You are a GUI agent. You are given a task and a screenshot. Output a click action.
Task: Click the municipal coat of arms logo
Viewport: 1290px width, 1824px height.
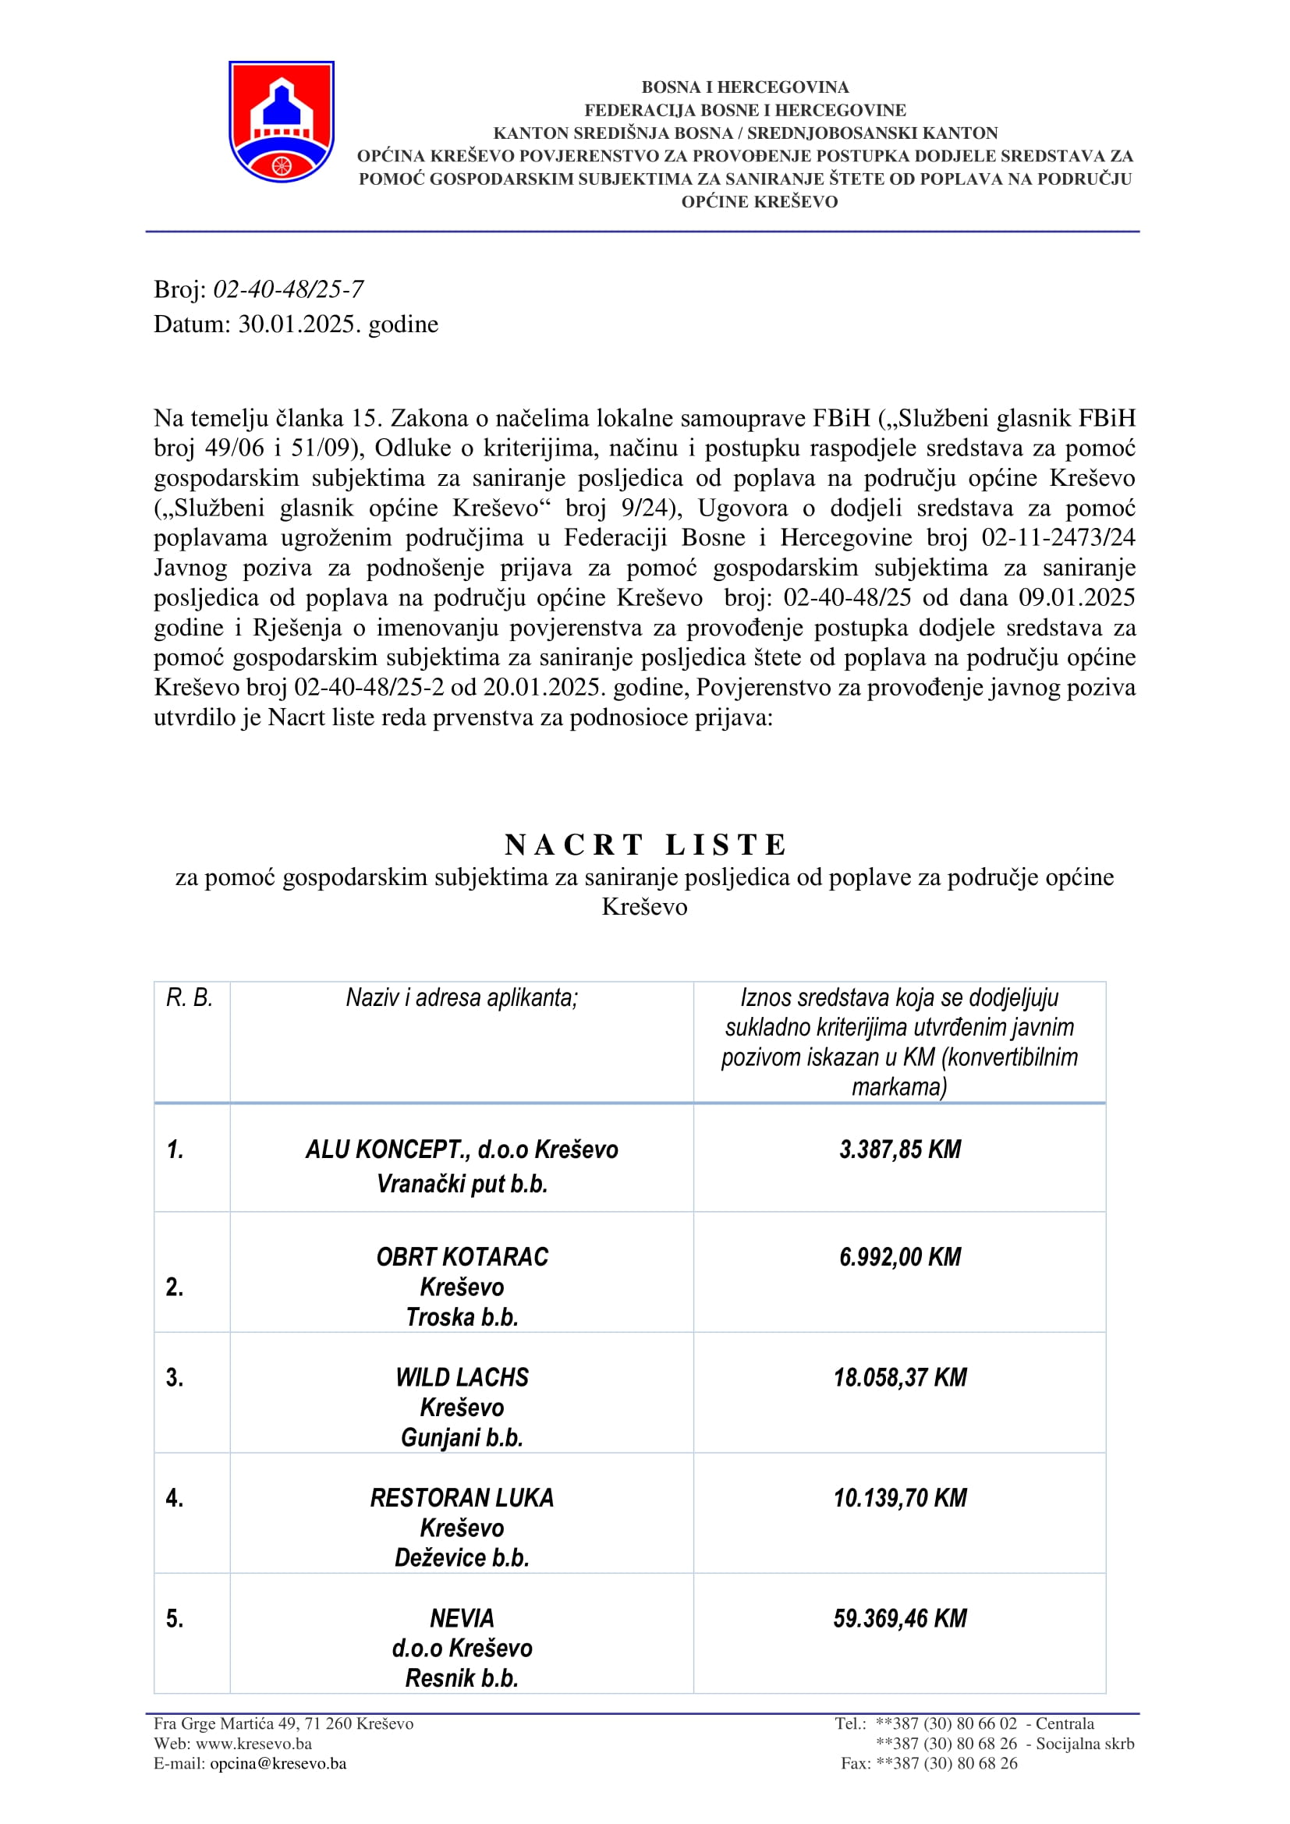pos(282,121)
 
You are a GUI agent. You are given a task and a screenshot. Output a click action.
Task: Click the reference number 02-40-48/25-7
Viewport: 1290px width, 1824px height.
pos(289,289)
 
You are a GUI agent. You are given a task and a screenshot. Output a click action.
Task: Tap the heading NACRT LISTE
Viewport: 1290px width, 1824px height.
pos(645,845)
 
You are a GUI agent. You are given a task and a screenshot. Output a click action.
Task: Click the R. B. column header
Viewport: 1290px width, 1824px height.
pos(190,998)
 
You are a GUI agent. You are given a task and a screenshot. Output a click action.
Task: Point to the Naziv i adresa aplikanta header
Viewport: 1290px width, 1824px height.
pos(462,998)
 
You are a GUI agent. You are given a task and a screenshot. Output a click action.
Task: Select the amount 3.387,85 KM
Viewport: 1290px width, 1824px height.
pos(900,1149)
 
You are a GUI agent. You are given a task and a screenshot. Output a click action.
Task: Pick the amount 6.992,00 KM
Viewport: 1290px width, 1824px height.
pos(900,1257)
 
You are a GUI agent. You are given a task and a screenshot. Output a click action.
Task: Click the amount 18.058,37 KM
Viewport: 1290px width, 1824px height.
pos(900,1377)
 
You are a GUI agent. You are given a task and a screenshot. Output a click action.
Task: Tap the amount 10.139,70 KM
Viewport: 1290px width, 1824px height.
pos(900,1498)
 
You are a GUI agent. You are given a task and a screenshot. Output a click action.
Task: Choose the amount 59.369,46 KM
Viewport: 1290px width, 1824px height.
pos(900,1618)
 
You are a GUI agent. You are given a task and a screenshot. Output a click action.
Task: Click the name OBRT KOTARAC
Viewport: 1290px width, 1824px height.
pos(462,1257)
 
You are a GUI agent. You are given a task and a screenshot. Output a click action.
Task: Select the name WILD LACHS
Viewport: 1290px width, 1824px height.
pos(462,1377)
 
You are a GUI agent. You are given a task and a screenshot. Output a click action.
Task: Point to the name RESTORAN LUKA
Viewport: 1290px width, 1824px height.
pos(462,1498)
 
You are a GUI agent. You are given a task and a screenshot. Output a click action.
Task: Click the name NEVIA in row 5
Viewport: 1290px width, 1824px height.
pos(462,1618)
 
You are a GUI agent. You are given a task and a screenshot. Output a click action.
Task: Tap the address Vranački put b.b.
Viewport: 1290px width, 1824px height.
pos(462,1185)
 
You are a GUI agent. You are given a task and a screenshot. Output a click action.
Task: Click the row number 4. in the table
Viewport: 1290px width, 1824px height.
pos(175,1498)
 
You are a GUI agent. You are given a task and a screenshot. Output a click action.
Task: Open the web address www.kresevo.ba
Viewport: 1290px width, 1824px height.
pos(253,1744)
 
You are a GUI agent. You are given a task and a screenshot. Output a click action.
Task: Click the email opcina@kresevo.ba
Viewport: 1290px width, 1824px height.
pos(278,1764)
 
